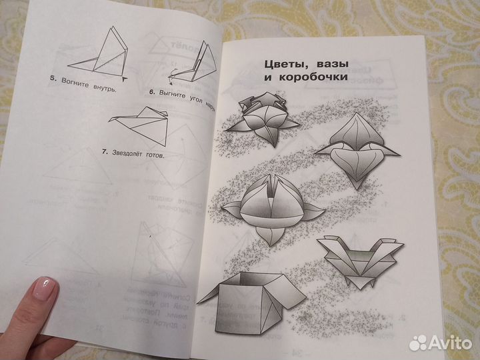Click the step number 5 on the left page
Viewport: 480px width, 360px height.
tap(53, 79)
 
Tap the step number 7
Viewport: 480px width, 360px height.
tap(104, 152)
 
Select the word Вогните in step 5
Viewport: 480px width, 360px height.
tap(73, 83)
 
